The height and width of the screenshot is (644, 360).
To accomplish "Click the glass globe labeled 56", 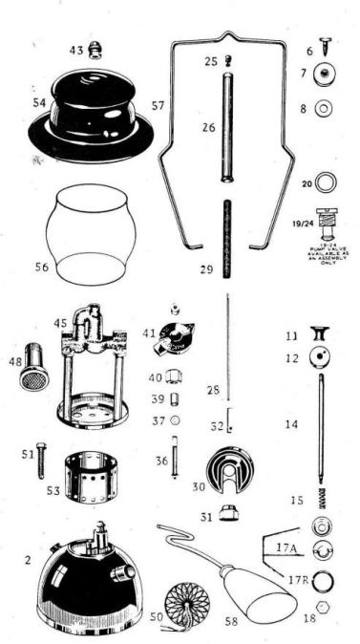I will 92,234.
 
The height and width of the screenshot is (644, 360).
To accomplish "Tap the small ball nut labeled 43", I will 95,51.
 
